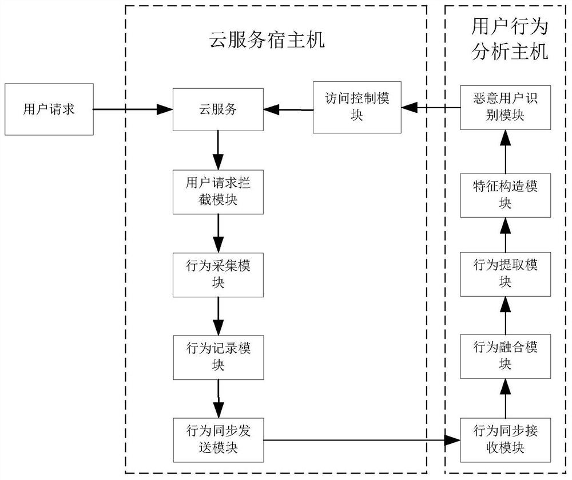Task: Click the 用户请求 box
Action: (x=49, y=109)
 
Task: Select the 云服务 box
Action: (x=217, y=109)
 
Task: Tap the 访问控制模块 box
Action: (x=357, y=108)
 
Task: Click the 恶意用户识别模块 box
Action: (x=505, y=107)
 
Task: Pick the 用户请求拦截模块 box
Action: (x=217, y=191)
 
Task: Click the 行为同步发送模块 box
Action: (x=217, y=438)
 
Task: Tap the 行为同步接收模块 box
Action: (x=505, y=438)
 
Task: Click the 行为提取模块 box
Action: (x=505, y=274)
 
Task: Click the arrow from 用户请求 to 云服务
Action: (x=133, y=109)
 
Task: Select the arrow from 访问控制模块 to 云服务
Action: (x=288, y=108)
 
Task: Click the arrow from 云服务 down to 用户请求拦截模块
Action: (x=217, y=149)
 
